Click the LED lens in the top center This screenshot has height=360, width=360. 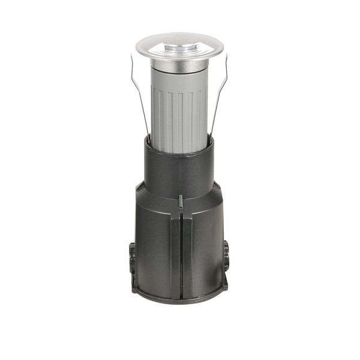179,46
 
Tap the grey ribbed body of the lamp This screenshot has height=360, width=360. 179,111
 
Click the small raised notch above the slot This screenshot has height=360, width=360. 181,200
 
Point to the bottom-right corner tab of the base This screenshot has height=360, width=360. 224,286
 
